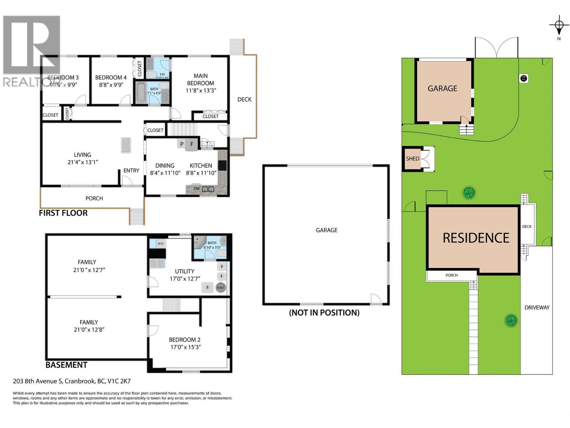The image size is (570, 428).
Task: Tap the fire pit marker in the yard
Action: click(523, 78)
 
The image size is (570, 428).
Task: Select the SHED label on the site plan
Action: click(413, 159)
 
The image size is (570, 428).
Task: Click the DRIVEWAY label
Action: click(537, 307)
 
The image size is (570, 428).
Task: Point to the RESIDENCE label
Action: click(476, 238)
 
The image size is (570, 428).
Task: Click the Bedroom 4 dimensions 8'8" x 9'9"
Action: click(111, 85)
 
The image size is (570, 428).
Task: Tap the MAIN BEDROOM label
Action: click(201, 79)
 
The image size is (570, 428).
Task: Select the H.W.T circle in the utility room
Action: click(221, 287)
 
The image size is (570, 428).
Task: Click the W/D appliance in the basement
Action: click(160, 244)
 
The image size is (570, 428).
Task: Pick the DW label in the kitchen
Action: click(197, 189)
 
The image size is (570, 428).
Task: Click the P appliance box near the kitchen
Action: click(182, 144)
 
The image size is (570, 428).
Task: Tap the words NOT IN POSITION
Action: click(324, 313)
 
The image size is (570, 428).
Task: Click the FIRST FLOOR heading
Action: click(63, 213)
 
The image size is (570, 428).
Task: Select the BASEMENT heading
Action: click(66, 365)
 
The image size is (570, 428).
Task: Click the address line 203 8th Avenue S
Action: click(71, 381)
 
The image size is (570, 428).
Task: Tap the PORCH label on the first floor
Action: click(94, 198)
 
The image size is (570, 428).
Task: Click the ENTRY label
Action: click(131, 170)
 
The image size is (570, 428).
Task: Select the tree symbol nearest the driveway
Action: click(511, 320)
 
